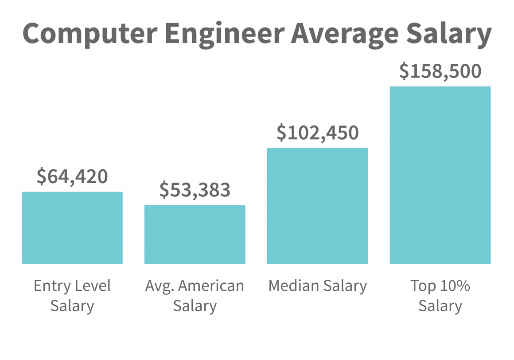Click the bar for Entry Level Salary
click(72, 228)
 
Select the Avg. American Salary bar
click(195, 235)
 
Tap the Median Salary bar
click(317, 206)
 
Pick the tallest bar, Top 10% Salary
click(440, 175)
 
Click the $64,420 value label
click(72, 176)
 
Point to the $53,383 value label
click(195, 190)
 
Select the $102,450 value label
click(317, 133)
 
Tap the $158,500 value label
click(440, 71)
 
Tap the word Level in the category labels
click(92, 286)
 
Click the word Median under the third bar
click(292, 286)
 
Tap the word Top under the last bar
click(423, 286)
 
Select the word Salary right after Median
click(344, 286)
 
